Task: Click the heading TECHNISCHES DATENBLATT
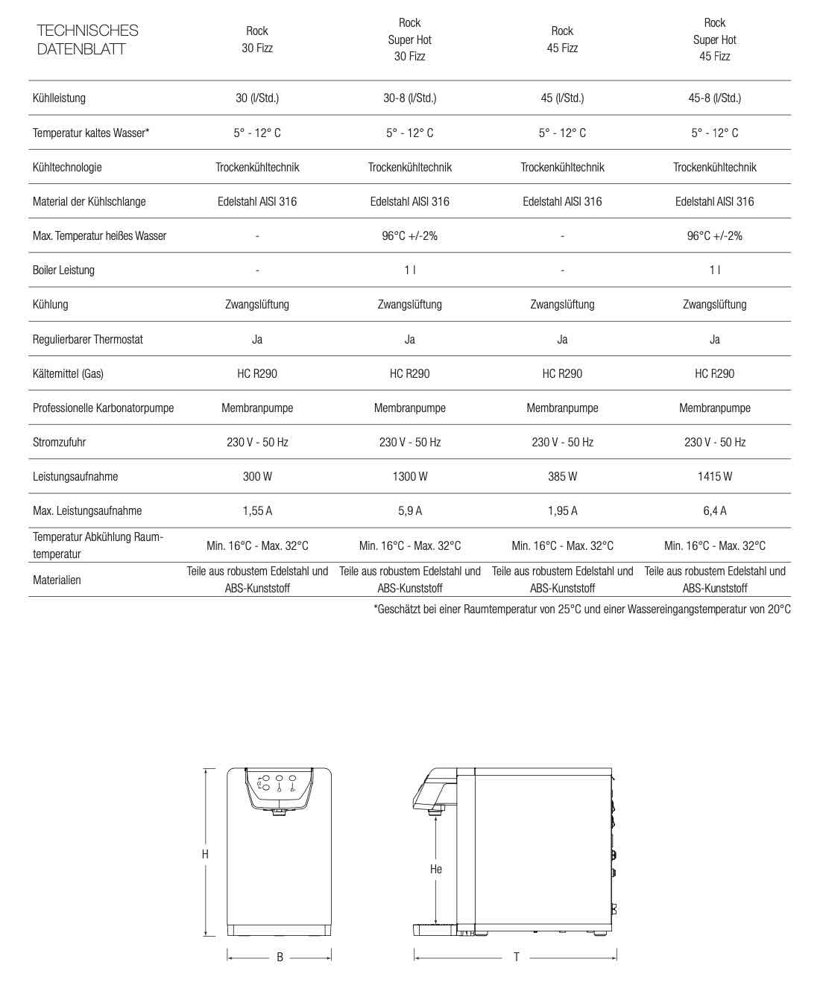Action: pyautogui.click(x=87, y=39)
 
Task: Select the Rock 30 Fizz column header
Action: pyautogui.click(x=257, y=39)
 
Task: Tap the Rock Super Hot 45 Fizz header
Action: pyautogui.click(x=714, y=39)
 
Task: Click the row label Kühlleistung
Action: pyautogui.click(x=59, y=98)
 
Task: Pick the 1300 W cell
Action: pyautogui.click(x=410, y=476)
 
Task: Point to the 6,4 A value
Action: pyautogui.click(x=714, y=510)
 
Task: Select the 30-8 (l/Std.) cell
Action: pyautogui.click(x=410, y=98)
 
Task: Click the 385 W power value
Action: pyautogui.click(x=562, y=476)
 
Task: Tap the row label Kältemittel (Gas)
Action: pyautogui.click(x=68, y=373)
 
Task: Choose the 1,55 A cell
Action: pyautogui.click(x=257, y=510)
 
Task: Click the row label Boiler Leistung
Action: pyautogui.click(x=63, y=270)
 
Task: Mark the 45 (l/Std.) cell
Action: pyautogui.click(x=562, y=98)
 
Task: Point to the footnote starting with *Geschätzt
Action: pyautogui.click(x=581, y=610)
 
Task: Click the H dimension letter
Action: pyautogui.click(x=205, y=854)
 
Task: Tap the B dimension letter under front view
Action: pyautogui.click(x=280, y=958)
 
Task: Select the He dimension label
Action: pyautogui.click(x=436, y=869)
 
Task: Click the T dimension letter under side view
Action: pyautogui.click(x=516, y=958)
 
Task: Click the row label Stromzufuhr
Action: pyautogui.click(x=59, y=442)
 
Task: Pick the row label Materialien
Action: pyautogui.click(x=57, y=580)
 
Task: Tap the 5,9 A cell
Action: pyautogui.click(x=410, y=510)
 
